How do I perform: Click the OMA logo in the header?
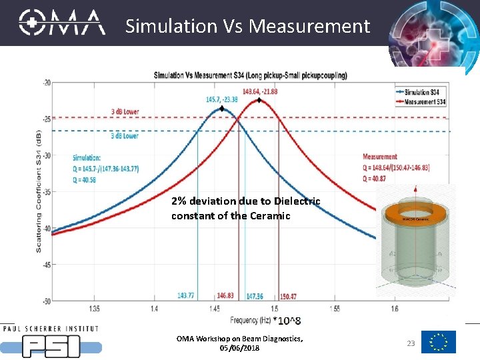pos(62,23)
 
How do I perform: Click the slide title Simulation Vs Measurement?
pos(247,26)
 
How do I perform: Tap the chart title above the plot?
pos(251,75)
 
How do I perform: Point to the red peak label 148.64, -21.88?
pos(260,91)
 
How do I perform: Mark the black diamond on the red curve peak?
pos(259,101)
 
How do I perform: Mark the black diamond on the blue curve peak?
pos(222,109)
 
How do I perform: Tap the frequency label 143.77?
pos(187,296)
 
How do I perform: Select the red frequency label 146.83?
pos(225,296)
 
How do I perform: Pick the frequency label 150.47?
pos(289,296)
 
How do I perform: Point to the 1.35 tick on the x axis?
pos(94,309)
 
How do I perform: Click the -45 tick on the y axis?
pos(46,265)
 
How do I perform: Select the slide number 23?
pos(411,343)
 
